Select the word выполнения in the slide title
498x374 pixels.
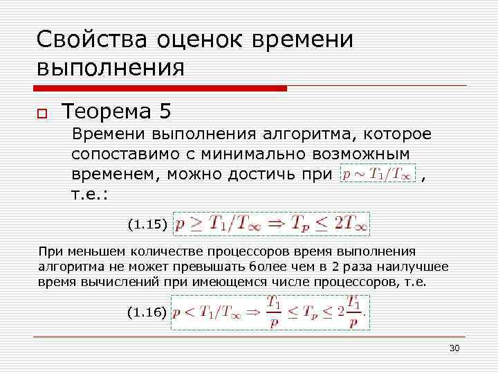pos(111,69)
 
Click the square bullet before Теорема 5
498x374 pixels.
pos(42,114)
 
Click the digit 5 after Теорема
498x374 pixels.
pos(163,112)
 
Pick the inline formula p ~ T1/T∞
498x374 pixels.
pos(378,174)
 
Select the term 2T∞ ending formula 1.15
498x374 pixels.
pos(351,224)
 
